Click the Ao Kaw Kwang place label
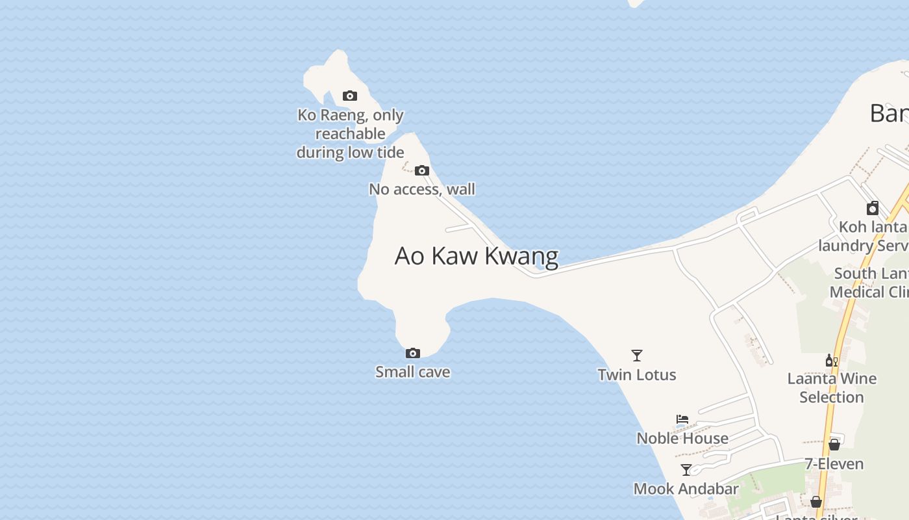point(476,256)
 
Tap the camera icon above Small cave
point(412,354)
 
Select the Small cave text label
point(412,372)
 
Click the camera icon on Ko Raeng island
point(349,96)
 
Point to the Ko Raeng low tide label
point(351,133)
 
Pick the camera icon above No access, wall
point(422,171)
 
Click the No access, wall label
point(422,189)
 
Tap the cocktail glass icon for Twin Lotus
point(637,356)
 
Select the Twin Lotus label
point(637,374)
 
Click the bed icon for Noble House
point(682,419)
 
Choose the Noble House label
point(682,438)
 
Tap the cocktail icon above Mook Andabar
point(686,470)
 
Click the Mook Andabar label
point(686,489)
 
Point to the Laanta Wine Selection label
point(832,387)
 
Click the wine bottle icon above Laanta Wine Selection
point(831,360)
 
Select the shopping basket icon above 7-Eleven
point(834,445)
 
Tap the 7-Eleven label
point(834,464)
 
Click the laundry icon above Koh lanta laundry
point(873,208)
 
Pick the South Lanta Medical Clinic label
point(870,283)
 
